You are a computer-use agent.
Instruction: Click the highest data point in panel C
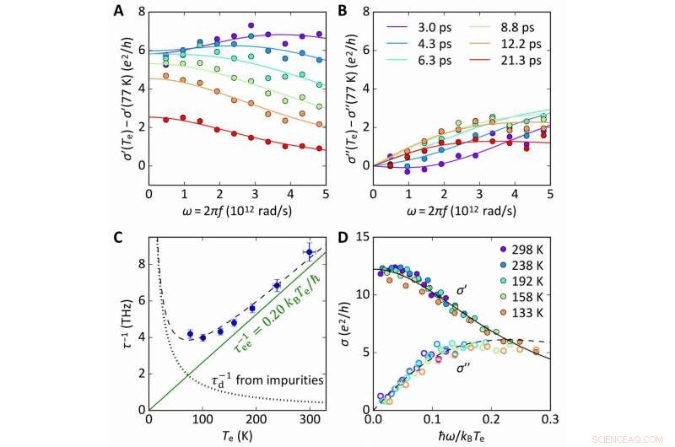[x=309, y=252]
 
